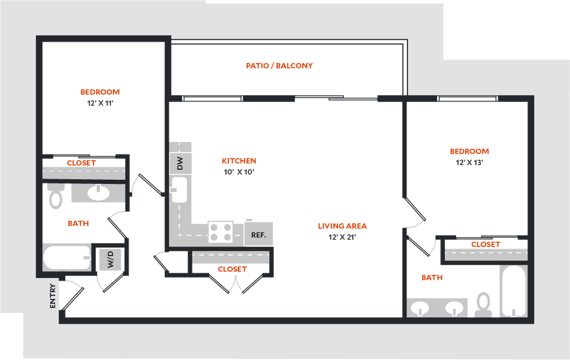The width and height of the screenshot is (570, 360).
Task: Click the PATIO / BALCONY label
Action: point(279,66)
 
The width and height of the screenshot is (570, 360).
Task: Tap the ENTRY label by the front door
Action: point(53,296)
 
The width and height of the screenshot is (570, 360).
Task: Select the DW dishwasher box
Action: point(180,163)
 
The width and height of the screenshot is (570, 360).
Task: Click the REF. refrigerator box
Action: point(258,235)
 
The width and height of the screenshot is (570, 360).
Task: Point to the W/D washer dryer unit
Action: point(111,259)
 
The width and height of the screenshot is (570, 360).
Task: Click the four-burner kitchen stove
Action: point(220,232)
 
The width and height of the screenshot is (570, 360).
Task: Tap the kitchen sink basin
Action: point(179,190)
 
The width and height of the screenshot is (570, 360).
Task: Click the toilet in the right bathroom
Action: point(484,304)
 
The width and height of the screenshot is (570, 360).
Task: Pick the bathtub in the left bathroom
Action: point(67,258)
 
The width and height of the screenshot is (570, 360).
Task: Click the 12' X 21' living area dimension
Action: point(342,237)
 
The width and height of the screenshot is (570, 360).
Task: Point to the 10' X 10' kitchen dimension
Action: point(239,172)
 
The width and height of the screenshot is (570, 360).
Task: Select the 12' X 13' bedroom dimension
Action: point(469,162)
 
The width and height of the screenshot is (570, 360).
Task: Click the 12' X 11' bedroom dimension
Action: point(100,103)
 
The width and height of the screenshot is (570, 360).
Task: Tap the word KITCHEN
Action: point(239,161)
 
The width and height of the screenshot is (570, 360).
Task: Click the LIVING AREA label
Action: point(342,226)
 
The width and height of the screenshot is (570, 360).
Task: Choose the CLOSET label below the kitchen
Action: point(232,269)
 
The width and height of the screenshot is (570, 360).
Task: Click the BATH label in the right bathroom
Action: point(432,278)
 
